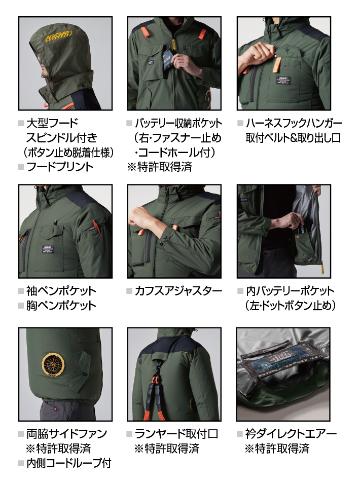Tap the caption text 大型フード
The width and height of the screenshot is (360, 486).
(52, 123)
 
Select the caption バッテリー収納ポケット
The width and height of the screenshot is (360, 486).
(178, 123)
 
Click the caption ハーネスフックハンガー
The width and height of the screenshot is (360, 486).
(294, 123)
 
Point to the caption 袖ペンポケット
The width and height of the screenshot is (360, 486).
(61, 291)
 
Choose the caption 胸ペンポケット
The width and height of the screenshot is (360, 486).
(61, 306)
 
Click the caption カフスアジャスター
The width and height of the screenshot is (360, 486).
(178, 291)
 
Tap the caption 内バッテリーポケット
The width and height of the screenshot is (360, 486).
(290, 291)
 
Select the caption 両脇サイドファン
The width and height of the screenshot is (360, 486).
(66, 434)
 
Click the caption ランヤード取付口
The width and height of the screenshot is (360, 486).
(176, 434)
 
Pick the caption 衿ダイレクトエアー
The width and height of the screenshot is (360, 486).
(291, 434)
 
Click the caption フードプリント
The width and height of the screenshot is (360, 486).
(60, 167)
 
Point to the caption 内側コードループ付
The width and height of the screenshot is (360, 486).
(68, 463)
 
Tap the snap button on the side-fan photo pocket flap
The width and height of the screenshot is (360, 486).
(85, 376)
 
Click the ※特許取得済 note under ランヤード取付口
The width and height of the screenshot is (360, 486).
(167, 448)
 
